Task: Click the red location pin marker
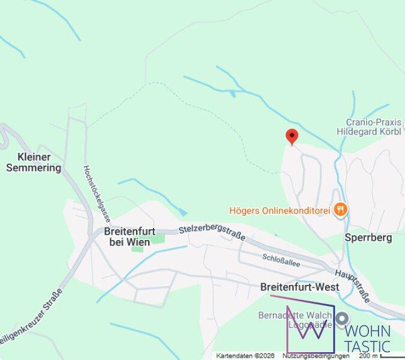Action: [x=292, y=136]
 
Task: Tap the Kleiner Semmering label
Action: [x=34, y=163]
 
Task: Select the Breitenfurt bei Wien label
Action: [x=129, y=236]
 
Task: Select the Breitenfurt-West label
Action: [x=299, y=287]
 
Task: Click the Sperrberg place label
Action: [x=368, y=238]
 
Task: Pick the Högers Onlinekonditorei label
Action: [x=281, y=211]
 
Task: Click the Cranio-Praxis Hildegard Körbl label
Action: [x=373, y=127]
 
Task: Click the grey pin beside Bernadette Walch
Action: [x=342, y=319]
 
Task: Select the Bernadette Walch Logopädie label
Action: [x=295, y=320]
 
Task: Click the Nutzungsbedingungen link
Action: [x=316, y=356]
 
